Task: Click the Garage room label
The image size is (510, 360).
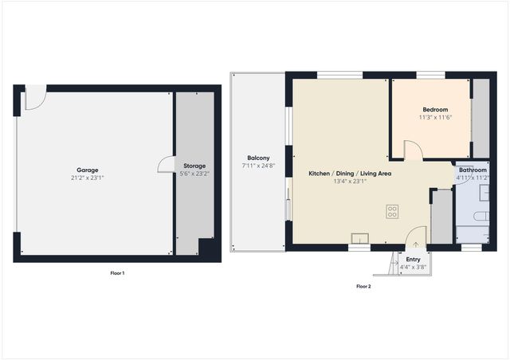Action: (88, 170)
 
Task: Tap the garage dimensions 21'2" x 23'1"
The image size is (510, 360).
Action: (88, 178)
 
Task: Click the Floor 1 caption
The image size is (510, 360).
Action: (117, 273)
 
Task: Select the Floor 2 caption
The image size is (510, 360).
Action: (363, 286)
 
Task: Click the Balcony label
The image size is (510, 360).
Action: (257, 158)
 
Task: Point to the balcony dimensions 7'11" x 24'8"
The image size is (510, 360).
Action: (257, 166)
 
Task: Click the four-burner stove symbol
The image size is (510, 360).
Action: (392, 211)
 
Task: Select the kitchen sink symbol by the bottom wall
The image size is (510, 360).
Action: (361, 237)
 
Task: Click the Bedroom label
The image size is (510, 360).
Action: (435, 109)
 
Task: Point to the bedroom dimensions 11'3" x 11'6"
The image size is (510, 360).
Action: (435, 117)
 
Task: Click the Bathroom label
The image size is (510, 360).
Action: (472, 170)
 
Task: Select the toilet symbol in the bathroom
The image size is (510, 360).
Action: (480, 216)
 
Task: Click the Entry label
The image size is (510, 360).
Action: (414, 260)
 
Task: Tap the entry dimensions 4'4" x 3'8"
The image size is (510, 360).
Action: (414, 268)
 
